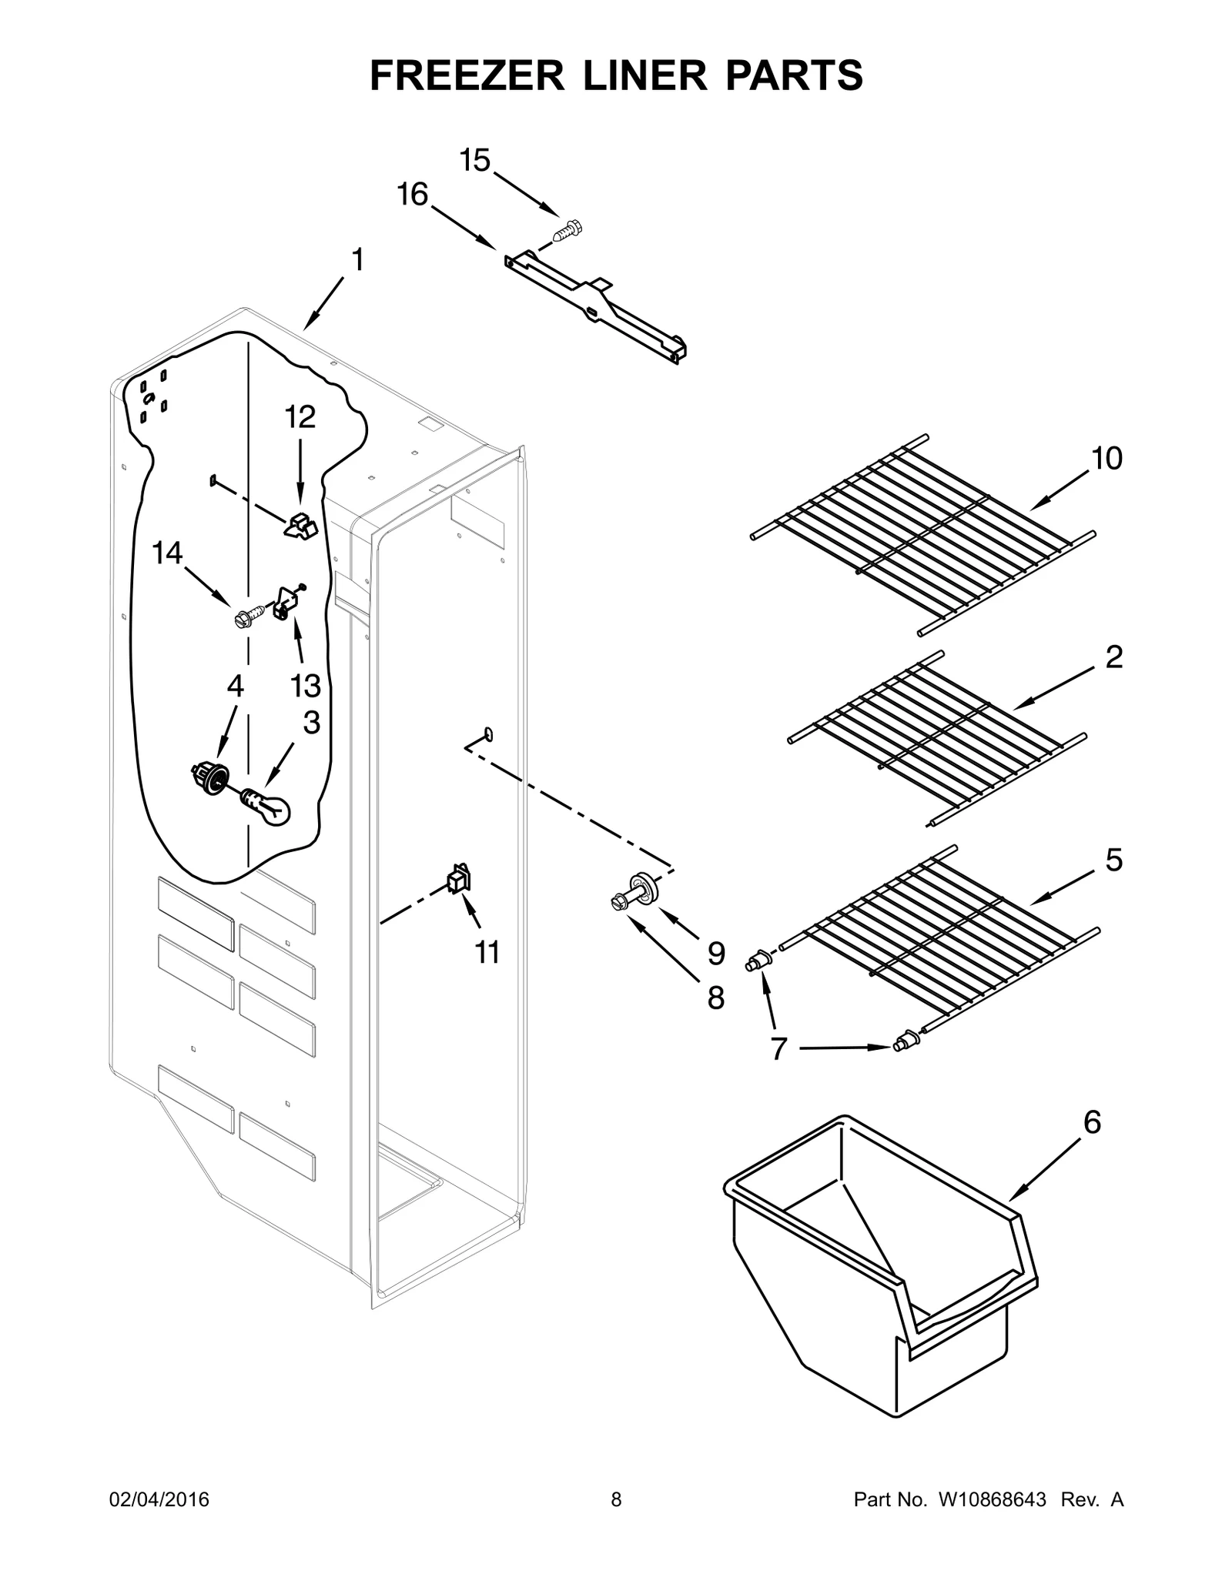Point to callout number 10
[1106, 459]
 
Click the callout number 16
[413, 195]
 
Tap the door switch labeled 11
[460, 879]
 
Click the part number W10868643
[992, 1500]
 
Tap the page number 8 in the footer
[616, 1500]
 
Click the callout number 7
[778, 1048]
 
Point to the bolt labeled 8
[620, 901]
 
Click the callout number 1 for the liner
[357, 260]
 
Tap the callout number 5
[1114, 860]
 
